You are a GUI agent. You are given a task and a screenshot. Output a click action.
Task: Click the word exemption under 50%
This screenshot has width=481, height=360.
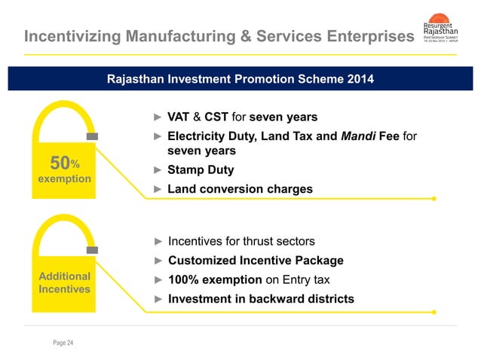pos(65,179)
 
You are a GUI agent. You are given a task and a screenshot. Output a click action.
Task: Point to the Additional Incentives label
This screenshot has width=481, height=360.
pos(65,282)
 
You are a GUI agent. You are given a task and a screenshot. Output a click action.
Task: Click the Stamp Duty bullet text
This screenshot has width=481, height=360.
pos(201,170)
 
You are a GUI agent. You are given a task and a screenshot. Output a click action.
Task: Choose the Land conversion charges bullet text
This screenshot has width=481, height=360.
pos(240,189)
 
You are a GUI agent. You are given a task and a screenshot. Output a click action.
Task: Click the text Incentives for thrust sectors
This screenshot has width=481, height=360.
pos(241,242)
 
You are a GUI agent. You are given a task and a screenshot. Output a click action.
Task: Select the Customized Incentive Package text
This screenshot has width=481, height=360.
pos(256,261)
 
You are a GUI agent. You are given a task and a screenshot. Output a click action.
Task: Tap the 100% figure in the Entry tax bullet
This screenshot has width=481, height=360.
pos(183,280)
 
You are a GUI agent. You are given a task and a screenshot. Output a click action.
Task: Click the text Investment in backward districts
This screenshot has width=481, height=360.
pos(261,299)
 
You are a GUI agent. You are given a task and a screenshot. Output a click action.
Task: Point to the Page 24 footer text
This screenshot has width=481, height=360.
pos(63,343)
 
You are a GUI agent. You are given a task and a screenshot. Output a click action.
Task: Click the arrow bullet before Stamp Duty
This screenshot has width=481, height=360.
pos(158,170)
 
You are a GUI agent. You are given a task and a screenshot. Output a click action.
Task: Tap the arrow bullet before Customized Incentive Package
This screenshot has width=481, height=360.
pos(158,261)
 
